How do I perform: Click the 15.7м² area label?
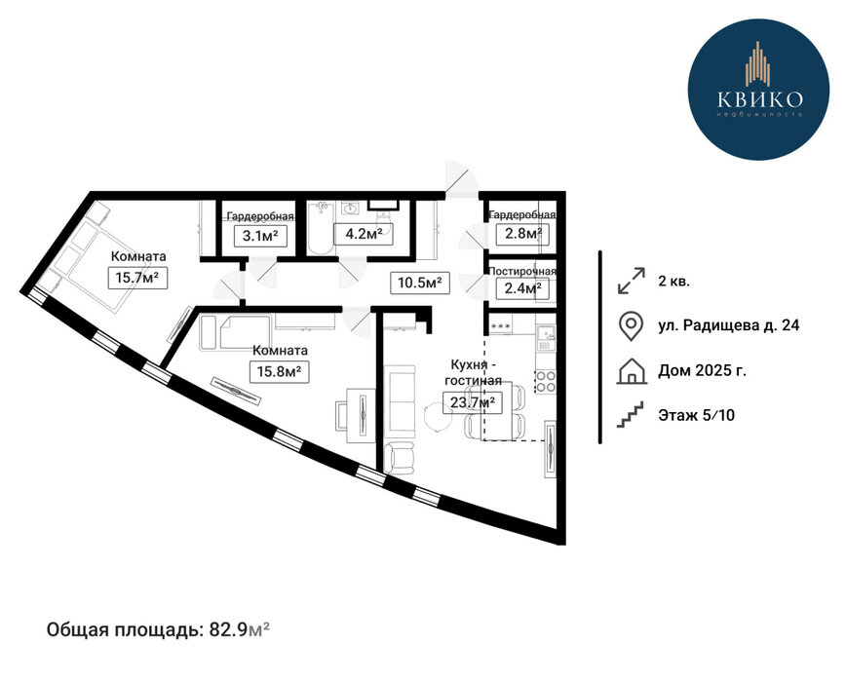point(137,279)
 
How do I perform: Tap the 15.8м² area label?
point(280,371)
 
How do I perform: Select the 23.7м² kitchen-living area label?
point(473,402)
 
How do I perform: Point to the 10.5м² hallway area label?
point(420,282)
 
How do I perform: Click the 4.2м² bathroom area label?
point(363,234)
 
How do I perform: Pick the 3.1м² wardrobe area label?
point(260,236)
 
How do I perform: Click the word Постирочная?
point(522,271)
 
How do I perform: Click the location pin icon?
point(631,325)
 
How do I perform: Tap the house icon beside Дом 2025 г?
point(632,371)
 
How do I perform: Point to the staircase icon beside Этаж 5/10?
point(631,415)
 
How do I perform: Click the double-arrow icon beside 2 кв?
point(632,281)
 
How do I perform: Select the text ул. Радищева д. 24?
point(728,325)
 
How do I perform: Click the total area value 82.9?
point(228,629)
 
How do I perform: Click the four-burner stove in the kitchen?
point(546,381)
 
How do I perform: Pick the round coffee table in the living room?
point(437,416)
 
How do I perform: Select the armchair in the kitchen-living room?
point(400,458)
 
